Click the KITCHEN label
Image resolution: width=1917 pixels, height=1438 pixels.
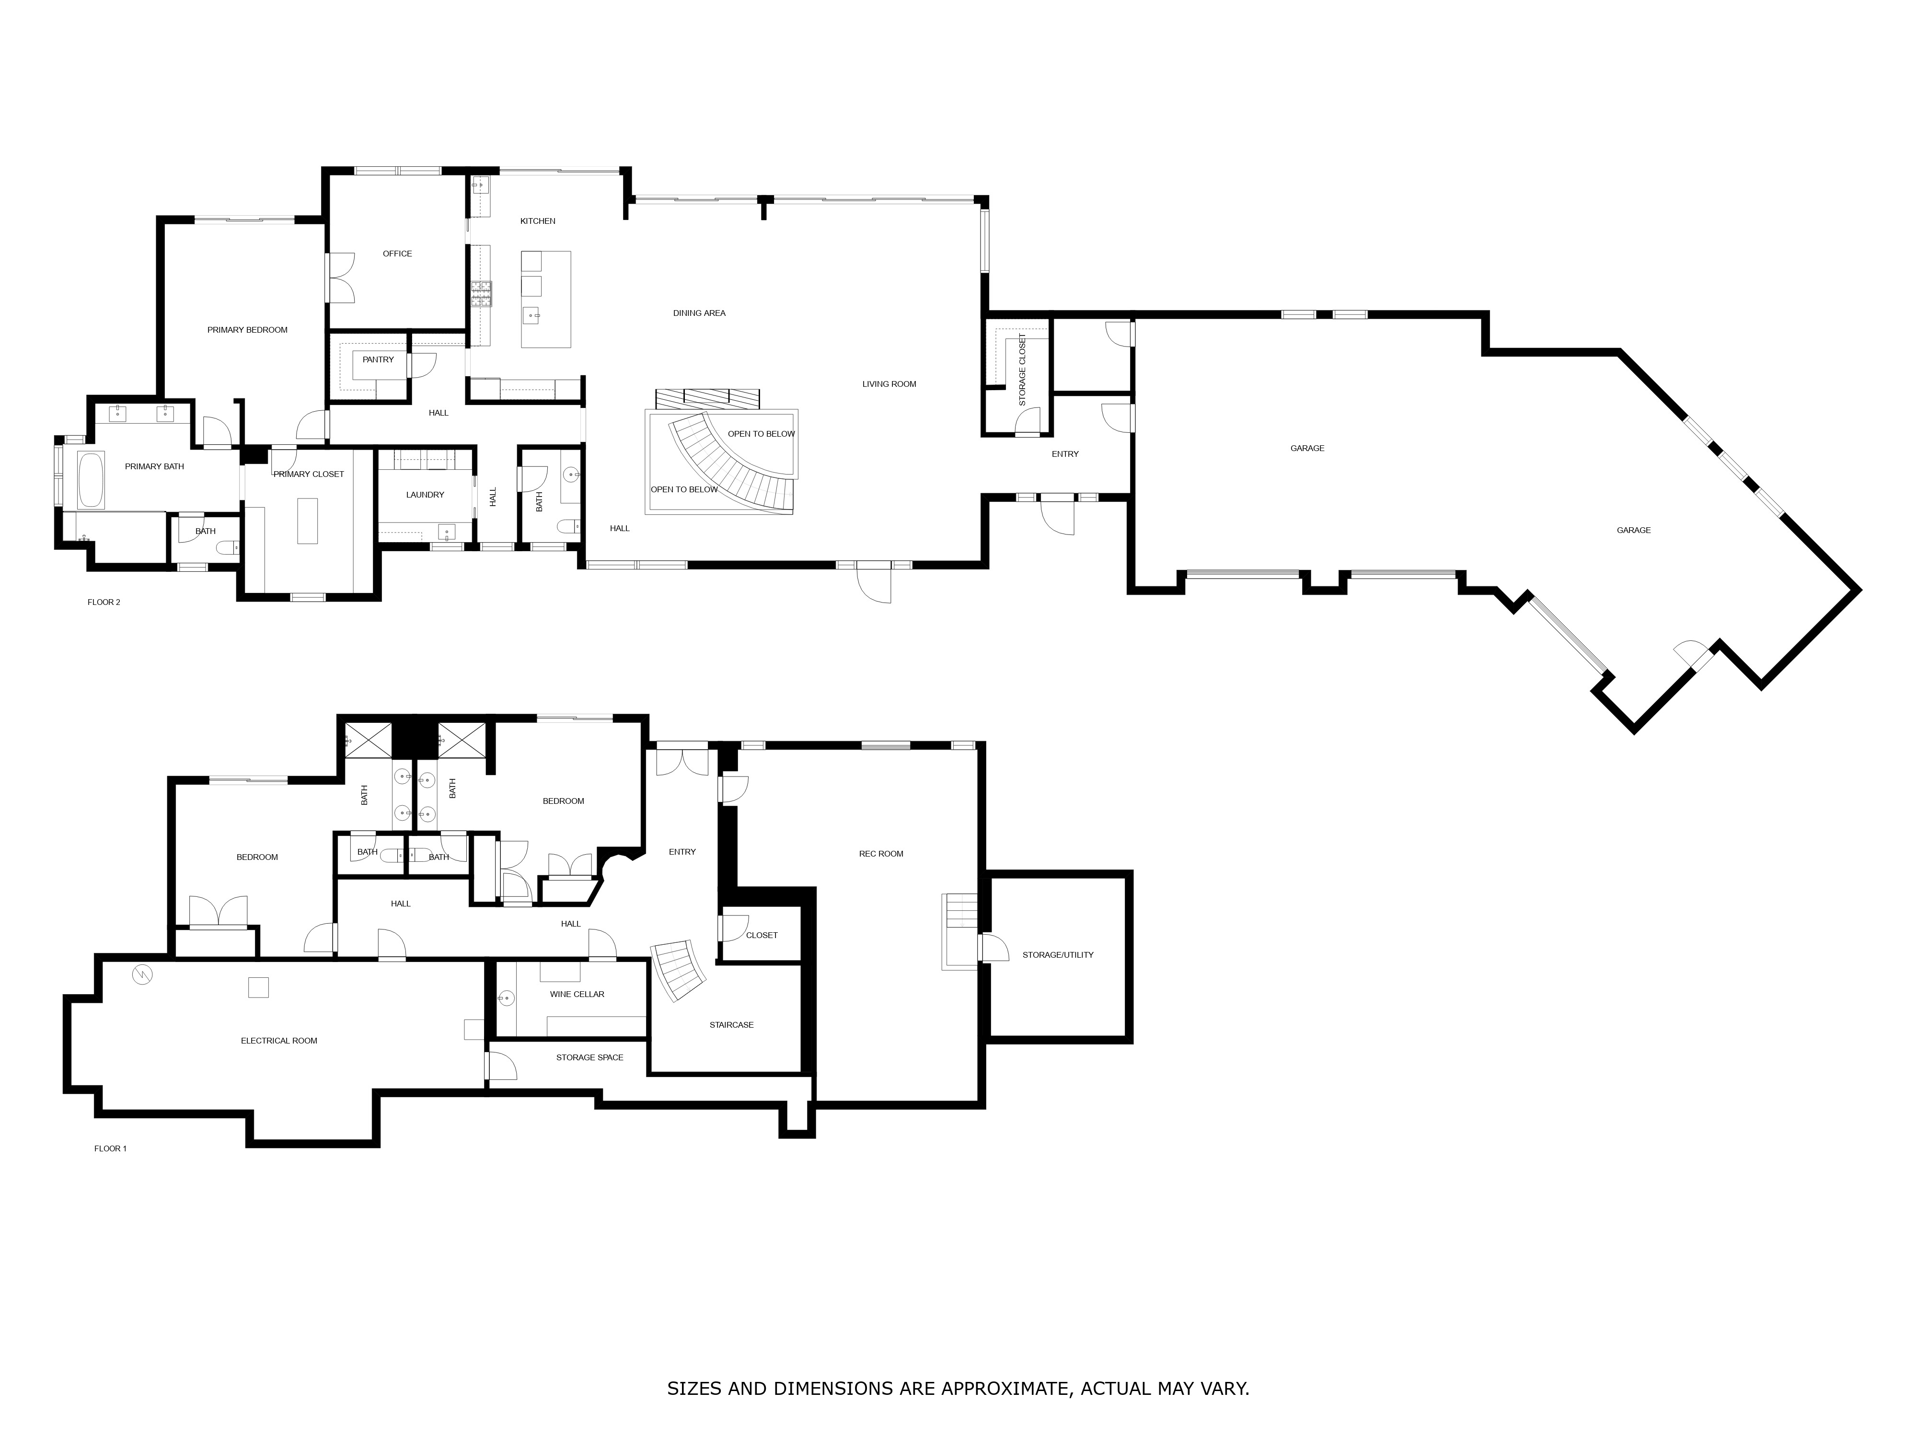537,221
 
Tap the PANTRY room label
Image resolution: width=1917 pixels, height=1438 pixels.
378,359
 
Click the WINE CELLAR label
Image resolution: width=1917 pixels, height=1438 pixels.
577,994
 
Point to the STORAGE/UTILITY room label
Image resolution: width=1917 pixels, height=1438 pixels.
1057,954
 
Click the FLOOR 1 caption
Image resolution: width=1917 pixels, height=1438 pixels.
110,1148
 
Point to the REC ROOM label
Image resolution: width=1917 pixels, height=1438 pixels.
880,854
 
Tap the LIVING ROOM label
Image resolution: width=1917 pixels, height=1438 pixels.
889,384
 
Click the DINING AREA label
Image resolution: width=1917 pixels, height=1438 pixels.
699,313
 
